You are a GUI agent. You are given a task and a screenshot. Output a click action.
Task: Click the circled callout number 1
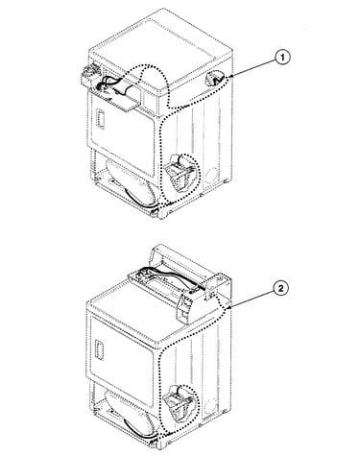pos(281,58)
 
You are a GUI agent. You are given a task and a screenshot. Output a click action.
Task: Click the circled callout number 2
pos(280,289)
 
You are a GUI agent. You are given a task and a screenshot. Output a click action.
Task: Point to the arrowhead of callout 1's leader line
pos(231,77)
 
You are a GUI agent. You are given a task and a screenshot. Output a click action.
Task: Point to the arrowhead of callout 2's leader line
pos(228,308)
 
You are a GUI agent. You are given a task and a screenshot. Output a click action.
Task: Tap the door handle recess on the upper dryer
pos(101,119)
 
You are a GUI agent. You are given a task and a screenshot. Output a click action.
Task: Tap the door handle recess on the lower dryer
pos(99,349)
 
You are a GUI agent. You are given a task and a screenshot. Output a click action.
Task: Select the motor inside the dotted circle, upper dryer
pos(180,173)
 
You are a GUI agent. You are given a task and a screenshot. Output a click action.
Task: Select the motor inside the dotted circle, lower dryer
pos(180,404)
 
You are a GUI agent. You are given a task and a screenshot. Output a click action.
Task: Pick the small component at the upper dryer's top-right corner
pos(213,79)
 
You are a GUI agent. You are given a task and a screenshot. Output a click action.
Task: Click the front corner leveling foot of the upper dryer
pos(155,213)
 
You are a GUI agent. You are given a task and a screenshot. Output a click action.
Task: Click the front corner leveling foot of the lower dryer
pos(154,444)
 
